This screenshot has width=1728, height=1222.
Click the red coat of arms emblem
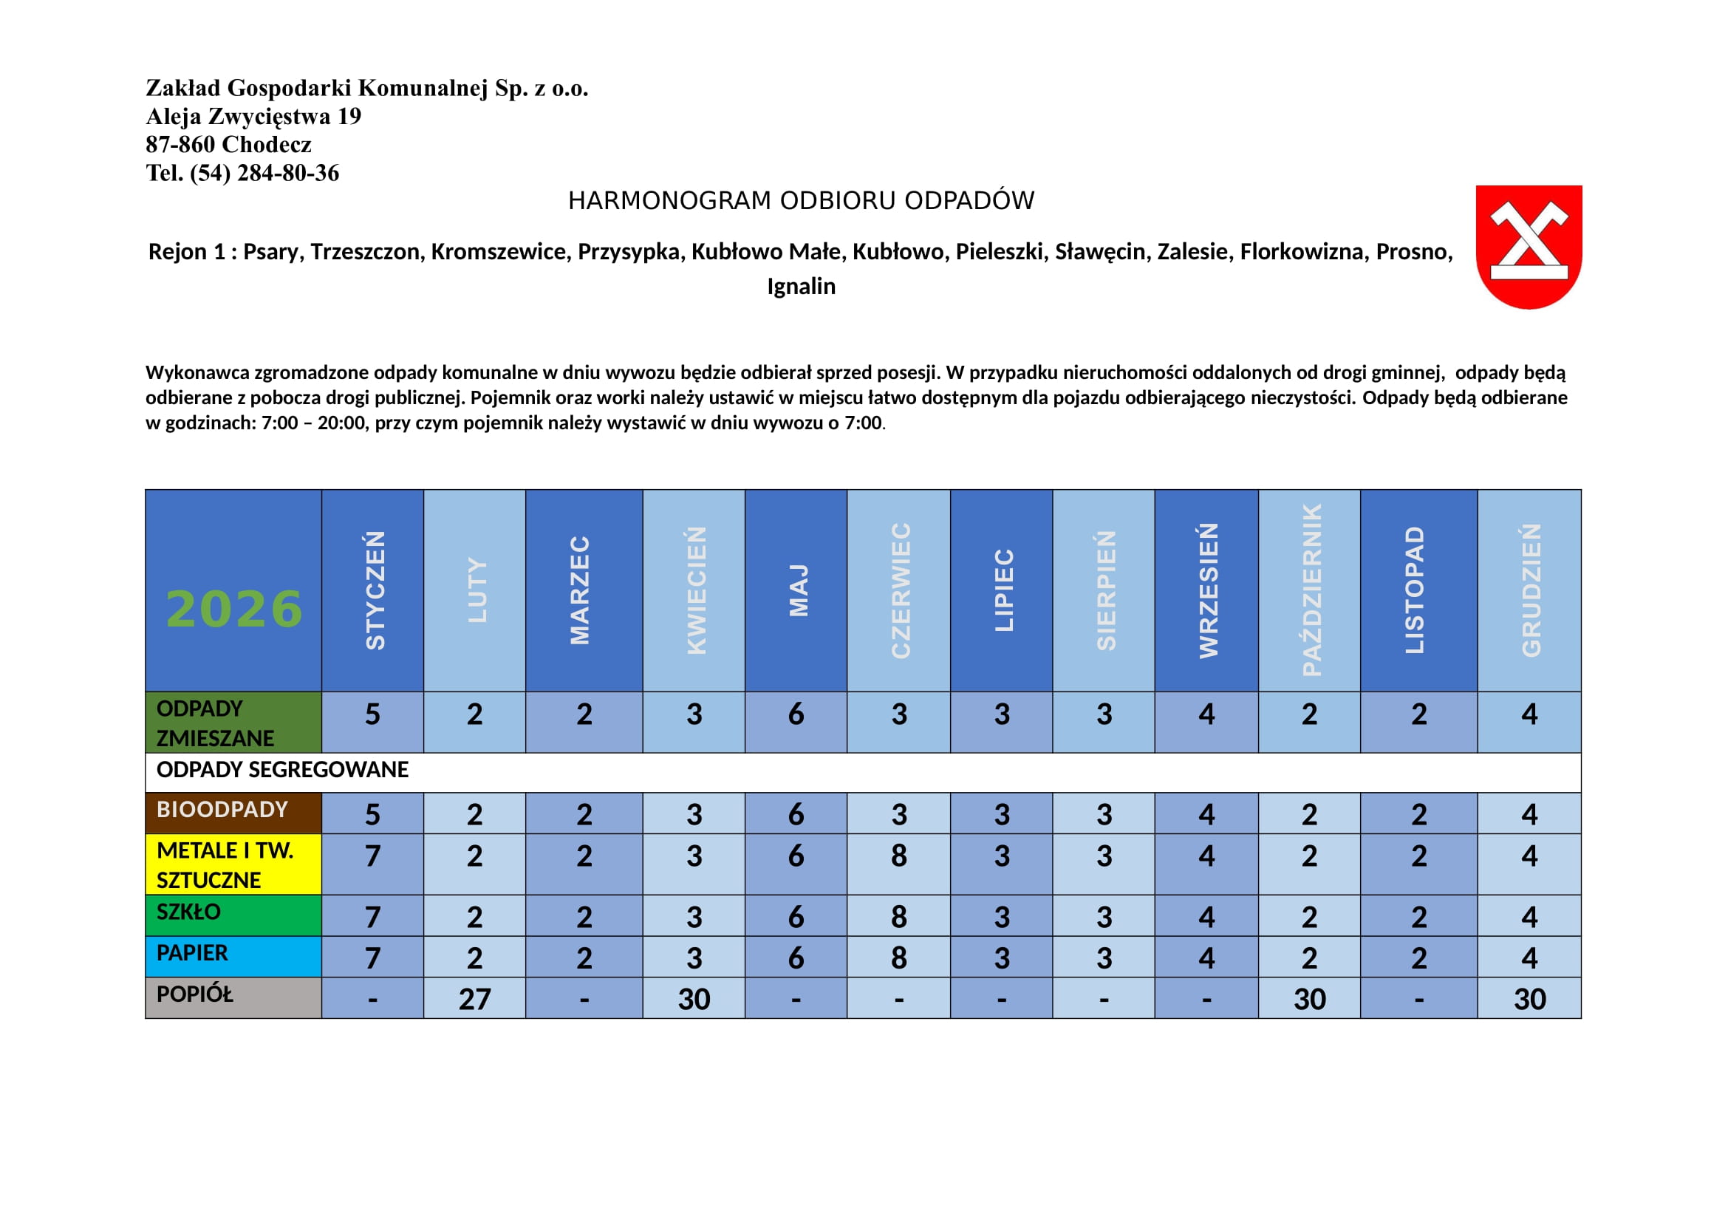point(1528,246)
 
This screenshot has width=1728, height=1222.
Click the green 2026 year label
point(234,609)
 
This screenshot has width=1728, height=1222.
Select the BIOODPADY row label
point(222,810)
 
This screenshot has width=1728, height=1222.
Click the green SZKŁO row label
point(188,912)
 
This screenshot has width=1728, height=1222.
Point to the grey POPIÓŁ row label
point(194,994)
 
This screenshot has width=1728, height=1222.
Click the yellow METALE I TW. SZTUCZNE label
point(225,864)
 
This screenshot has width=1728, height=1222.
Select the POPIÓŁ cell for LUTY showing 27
point(474,1000)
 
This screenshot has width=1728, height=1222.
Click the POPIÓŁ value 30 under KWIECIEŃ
point(693,1000)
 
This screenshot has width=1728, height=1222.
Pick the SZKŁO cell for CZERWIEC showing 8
point(898,916)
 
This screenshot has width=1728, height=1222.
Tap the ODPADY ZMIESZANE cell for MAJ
point(796,714)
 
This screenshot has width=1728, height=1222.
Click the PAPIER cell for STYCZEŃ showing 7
point(372,958)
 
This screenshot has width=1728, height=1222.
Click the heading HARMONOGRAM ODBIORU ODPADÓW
point(801,201)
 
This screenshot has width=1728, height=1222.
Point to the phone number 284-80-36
point(287,173)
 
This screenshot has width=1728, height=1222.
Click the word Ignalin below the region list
point(801,286)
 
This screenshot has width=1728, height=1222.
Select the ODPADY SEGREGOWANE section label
point(282,770)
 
